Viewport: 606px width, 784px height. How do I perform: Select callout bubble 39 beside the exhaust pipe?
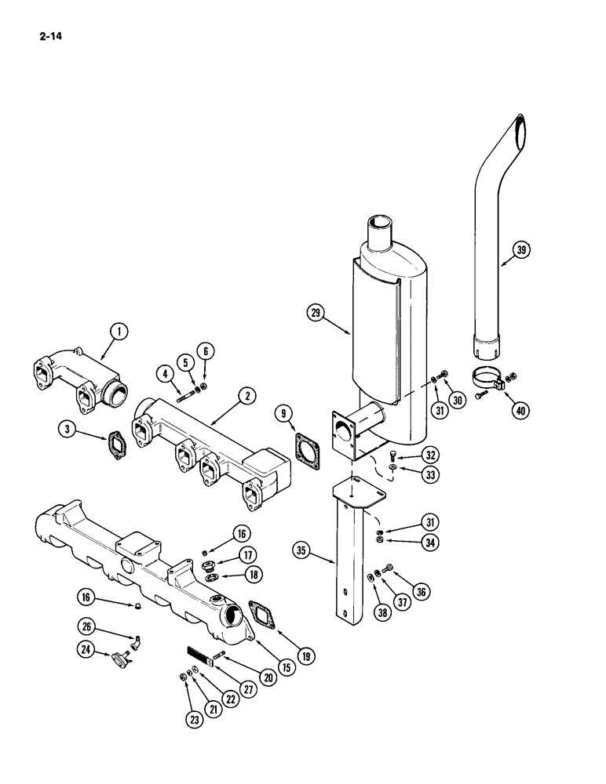click(522, 251)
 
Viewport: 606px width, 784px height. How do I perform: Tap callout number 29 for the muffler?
click(316, 313)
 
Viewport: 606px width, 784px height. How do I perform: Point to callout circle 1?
click(119, 333)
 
